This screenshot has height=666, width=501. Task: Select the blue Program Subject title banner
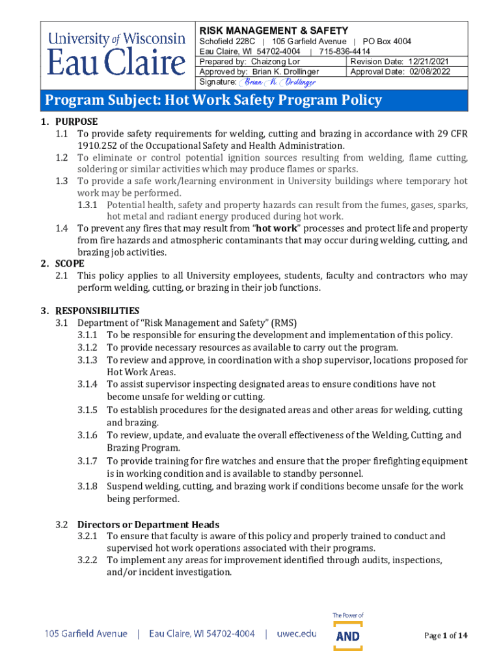[254, 100]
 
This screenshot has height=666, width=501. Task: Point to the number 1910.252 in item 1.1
[100, 146]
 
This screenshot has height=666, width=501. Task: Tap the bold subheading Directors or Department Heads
[148, 525]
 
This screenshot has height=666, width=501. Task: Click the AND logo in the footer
[348, 635]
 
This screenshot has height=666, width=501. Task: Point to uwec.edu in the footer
[297, 633]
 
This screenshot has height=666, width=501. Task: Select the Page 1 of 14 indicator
[446, 635]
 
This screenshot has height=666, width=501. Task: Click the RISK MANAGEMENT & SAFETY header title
[273, 31]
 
